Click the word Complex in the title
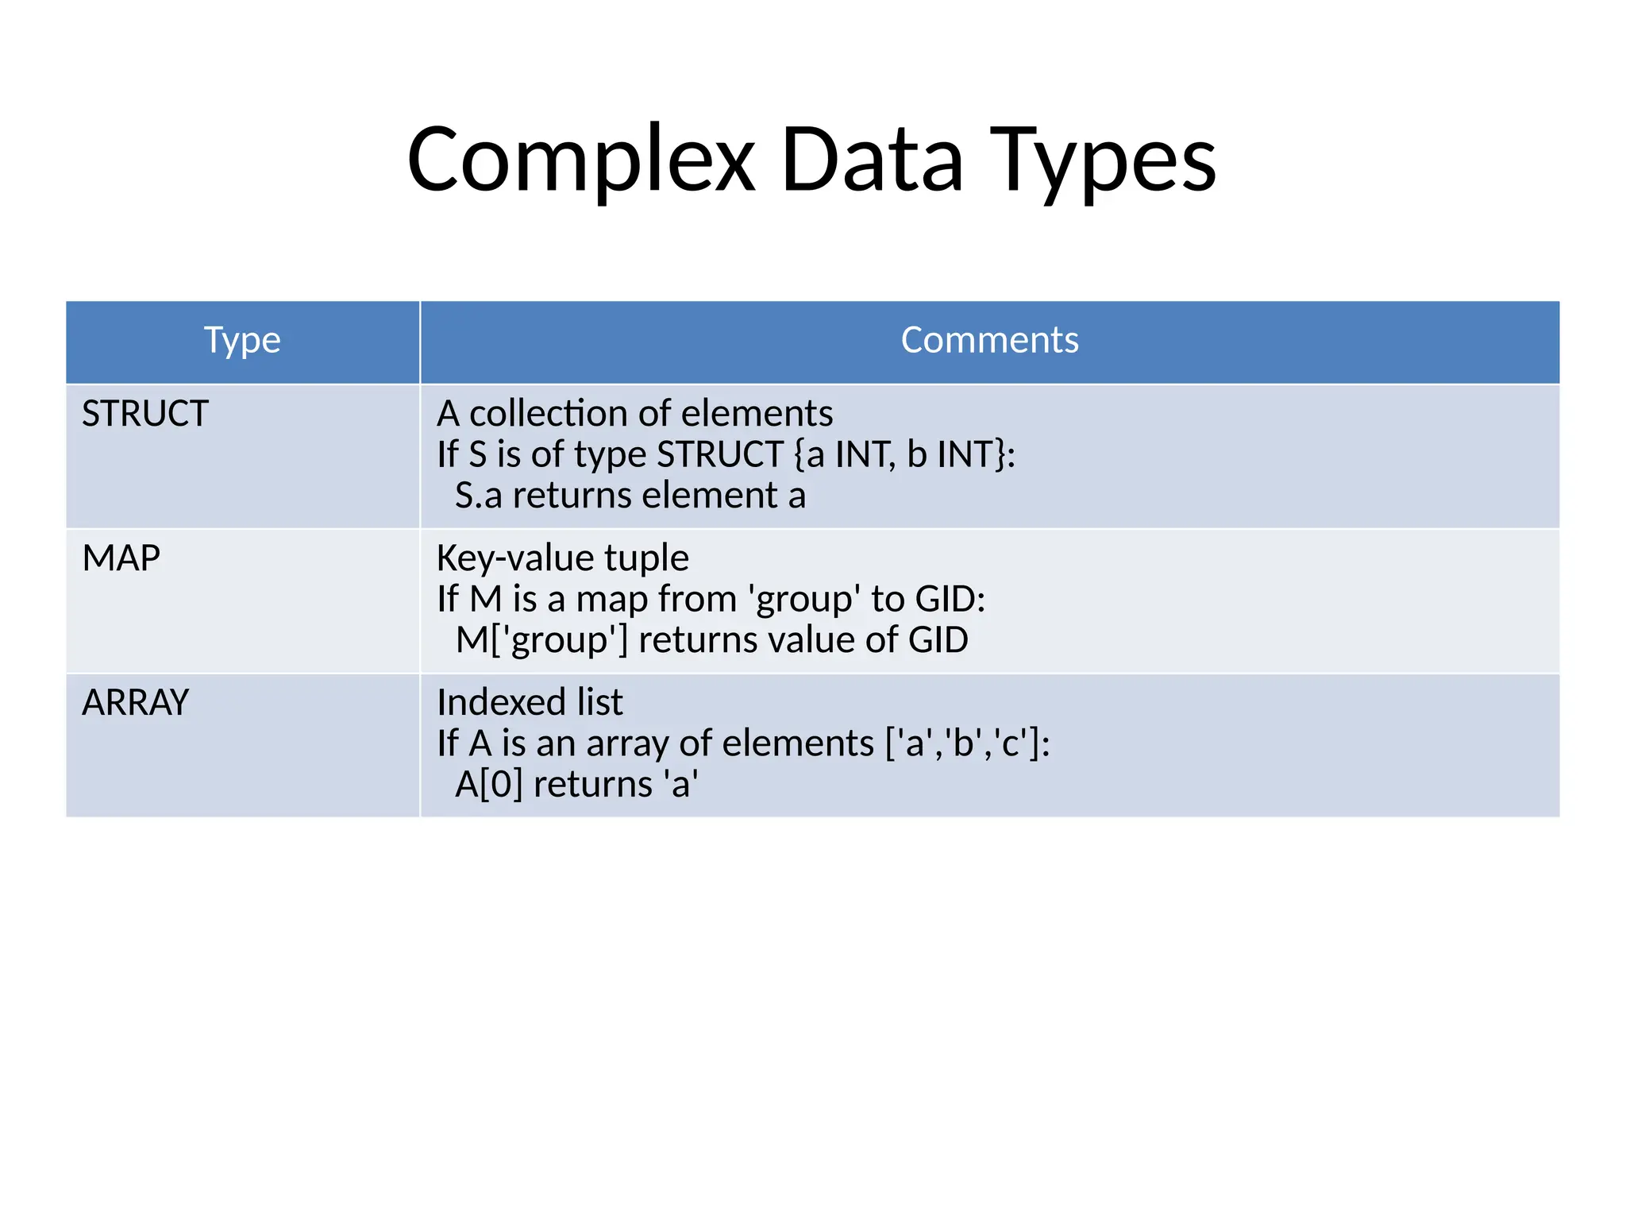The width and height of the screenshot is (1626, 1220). click(580, 160)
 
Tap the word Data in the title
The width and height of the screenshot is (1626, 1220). click(872, 160)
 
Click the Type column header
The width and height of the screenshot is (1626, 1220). click(242, 341)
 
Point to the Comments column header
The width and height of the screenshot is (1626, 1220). click(989, 341)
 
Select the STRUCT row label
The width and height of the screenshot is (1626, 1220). click(145, 414)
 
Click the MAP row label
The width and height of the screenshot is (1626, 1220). click(121, 558)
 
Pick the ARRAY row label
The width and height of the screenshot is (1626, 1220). click(136, 703)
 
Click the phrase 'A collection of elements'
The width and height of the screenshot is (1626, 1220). click(634, 414)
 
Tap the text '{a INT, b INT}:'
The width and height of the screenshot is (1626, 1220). click(904, 455)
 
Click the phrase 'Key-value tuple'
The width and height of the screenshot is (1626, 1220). click(562, 558)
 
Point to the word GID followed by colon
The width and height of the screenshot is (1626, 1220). click(950, 600)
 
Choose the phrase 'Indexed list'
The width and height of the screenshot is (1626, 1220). click(530, 703)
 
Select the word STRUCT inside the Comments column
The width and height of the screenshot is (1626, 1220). click(720, 455)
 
